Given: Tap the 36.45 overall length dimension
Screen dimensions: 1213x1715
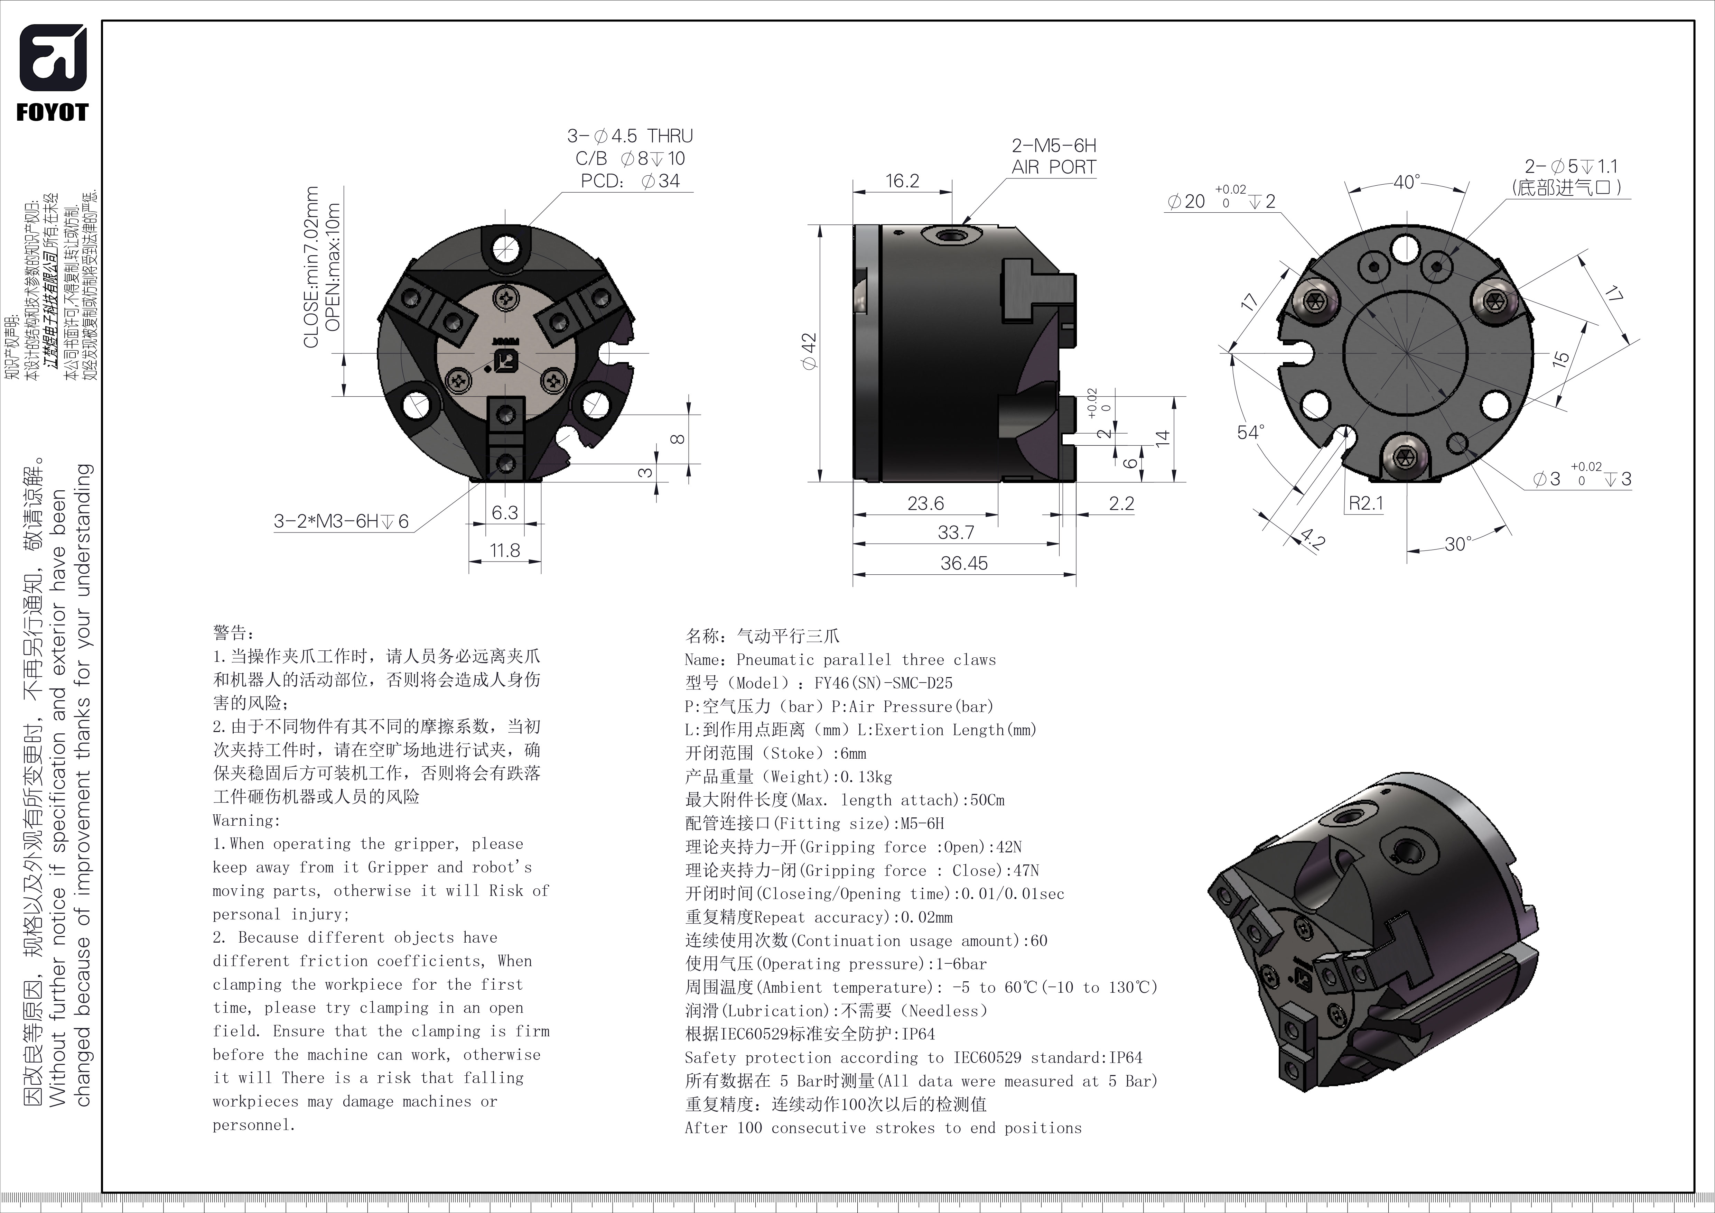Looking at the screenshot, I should pyautogui.click(x=963, y=563).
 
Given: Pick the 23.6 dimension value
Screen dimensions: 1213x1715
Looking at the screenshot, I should pyautogui.click(x=925, y=503).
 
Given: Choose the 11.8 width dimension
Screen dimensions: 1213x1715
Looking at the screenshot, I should pyautogui.click(x=505, y=550).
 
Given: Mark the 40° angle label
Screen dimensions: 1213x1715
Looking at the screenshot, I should pyautogui.click(x=1407, y=182).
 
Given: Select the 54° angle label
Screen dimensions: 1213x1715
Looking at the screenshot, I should pyautogui.click(x=1251, y=433).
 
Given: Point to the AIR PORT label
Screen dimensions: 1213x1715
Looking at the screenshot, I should pyautogui.click(x=1054, y=167).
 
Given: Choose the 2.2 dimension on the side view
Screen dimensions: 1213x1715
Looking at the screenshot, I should pyautogui.click(x=1121, y=503).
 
